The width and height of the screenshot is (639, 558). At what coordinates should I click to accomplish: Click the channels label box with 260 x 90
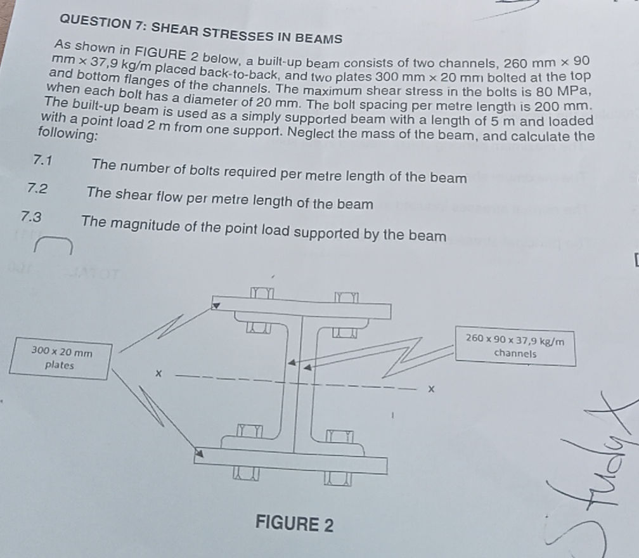pos(515,347)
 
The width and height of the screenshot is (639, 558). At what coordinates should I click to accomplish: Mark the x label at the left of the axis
pos(160,375)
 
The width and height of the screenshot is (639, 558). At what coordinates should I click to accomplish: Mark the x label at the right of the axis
pos(431,389)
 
